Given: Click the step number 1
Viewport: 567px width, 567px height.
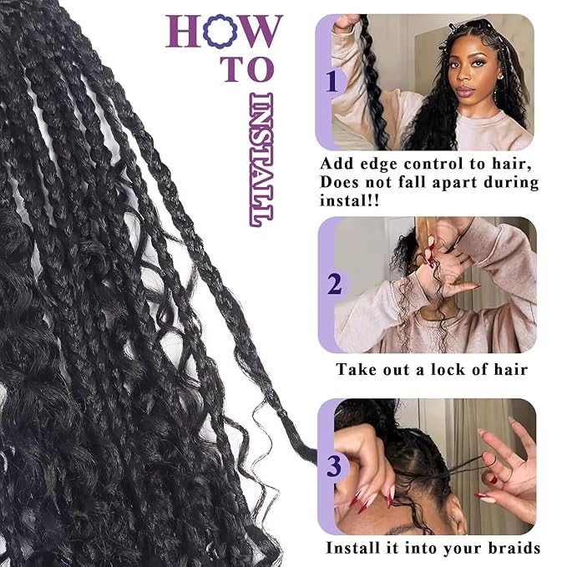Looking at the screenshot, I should (x=332, y=82).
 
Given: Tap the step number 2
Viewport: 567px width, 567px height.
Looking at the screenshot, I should (x=334, y=285).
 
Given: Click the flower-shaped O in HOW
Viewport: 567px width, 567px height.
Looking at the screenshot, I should (x=222, y=31).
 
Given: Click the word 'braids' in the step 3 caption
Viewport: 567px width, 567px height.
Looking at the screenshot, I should (x=509, y=549).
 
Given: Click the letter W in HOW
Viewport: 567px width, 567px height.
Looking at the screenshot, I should (x=261, y=31).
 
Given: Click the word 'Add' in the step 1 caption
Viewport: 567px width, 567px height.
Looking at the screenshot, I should (x=337, y=164).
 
